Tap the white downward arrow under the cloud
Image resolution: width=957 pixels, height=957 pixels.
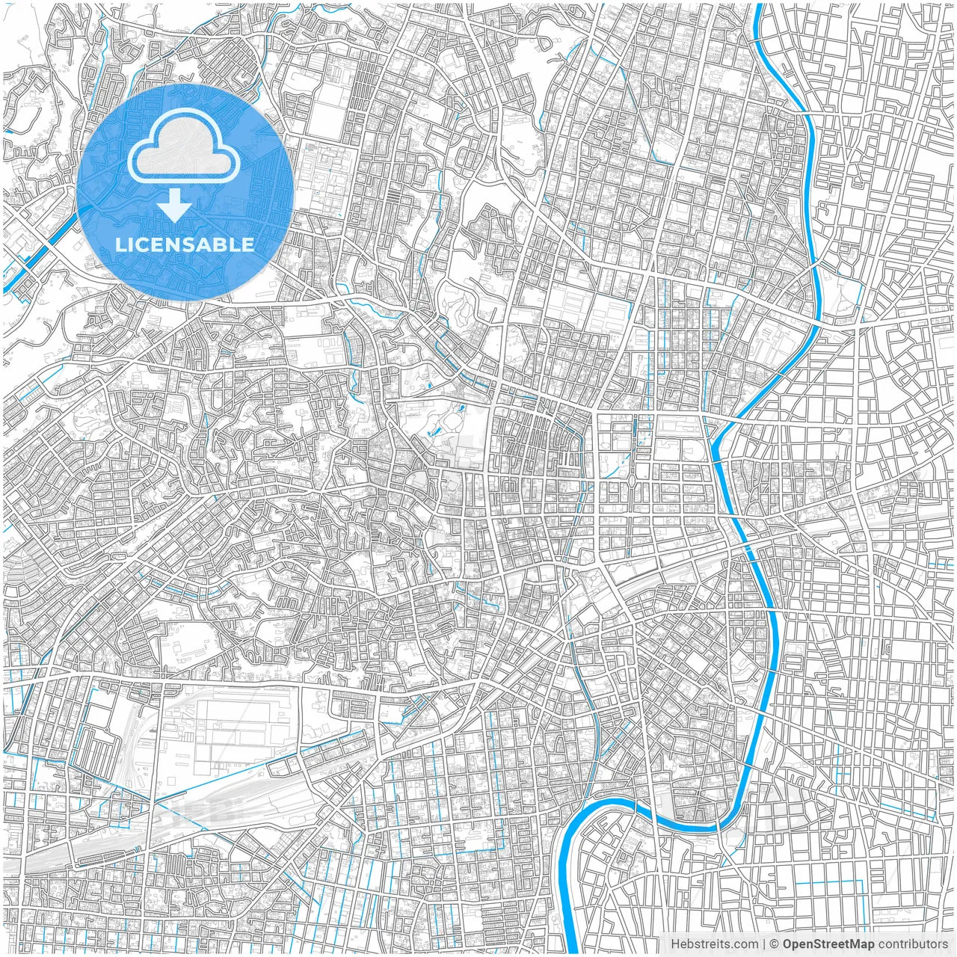(x=174, y=206)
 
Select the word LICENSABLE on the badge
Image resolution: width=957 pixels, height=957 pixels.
(x=185, y=244)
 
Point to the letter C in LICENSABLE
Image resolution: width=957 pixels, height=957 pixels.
(x=146, y=244)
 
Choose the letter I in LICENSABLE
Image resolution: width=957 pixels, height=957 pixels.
(x=135, y=244)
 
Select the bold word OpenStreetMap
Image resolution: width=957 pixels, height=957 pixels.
(x=828, y=944)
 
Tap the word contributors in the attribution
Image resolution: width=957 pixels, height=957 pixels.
(x=913, y=944)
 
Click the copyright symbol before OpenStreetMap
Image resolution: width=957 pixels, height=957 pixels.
(x=775, y=944)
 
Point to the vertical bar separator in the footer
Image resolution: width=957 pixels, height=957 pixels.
(x=764, y=944)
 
